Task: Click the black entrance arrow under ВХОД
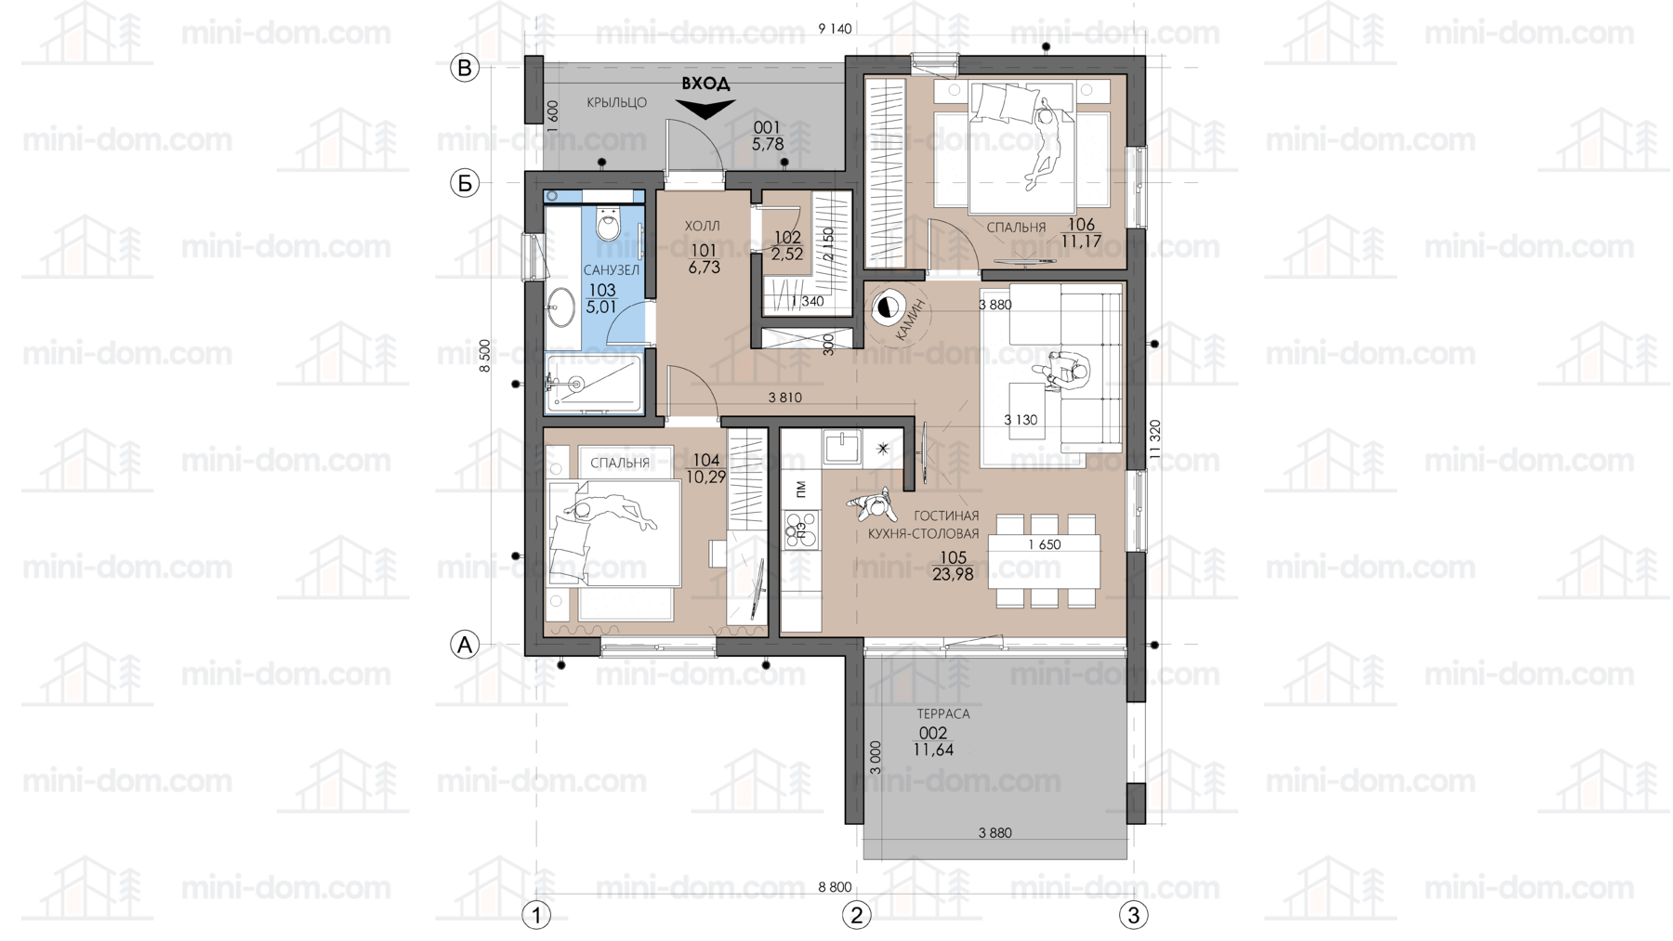705,109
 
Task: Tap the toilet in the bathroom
609,224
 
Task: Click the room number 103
601,290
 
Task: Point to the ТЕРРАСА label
943,713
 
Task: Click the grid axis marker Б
465,183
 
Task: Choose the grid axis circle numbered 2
856,915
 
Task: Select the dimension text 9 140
835,29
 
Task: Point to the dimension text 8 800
835,887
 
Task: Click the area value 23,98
953,575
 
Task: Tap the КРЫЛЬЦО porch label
617,102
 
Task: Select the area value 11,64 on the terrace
933,750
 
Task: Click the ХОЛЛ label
702,226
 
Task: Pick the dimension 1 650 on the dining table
1045,544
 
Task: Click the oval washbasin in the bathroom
560,307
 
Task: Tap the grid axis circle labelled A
465,644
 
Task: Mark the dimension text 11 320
1155,439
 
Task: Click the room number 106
1081,225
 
